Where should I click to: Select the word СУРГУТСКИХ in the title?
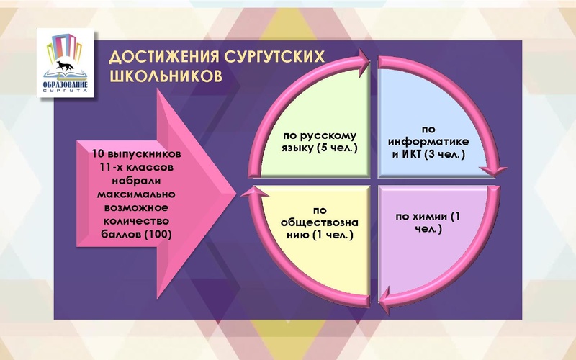coord(266,58)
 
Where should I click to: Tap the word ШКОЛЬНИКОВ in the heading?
coord(163,76)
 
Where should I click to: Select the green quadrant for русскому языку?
coord(317,122)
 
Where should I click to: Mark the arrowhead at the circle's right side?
coord(490,170)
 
